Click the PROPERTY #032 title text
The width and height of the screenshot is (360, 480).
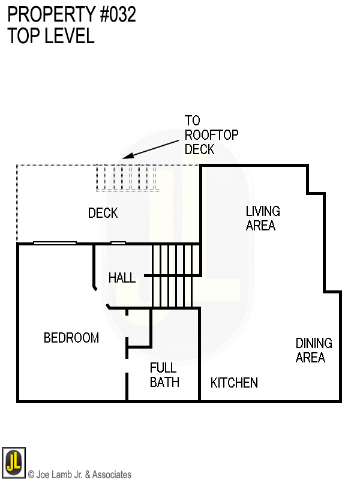[72, 15]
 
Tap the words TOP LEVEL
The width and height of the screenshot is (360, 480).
[51, 36]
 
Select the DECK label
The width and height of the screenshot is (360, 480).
[103, 213]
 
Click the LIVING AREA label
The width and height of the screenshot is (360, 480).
[262, 218]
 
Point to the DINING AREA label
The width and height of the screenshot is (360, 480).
[313, 350]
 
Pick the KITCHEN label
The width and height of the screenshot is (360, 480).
[234, 383]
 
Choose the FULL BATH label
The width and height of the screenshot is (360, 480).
[164, 374]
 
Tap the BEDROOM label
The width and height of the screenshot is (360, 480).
[71, 338]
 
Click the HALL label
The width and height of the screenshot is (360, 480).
[122, 278]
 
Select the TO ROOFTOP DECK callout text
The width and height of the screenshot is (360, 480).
[203, 135]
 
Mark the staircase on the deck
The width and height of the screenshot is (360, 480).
[128, 178]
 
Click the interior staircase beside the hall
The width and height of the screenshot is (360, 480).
[175, 276]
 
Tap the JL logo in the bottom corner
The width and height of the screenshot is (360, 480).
[13, 461]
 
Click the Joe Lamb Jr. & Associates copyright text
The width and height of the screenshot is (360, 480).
[80, 475]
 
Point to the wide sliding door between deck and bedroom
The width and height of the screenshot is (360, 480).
[55, 243]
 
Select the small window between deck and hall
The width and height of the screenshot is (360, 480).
[118, 243]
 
